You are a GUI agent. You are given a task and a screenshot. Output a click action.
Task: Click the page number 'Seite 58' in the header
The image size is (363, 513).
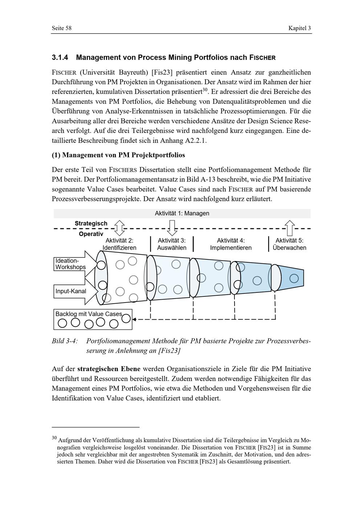[62, 28]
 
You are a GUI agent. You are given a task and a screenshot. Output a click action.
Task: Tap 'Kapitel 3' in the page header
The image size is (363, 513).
[299, 28]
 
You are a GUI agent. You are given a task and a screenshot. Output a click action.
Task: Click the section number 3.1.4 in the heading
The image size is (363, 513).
[60, 57]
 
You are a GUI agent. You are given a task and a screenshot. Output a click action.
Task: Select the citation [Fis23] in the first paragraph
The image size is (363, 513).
[162, 72]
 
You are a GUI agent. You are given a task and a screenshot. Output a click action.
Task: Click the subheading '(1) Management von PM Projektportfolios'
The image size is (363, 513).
[118, 155]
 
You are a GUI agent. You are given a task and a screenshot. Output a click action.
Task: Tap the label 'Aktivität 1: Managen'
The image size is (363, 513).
[182, 213]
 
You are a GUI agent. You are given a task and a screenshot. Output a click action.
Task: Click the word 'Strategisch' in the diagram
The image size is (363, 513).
[91, 223]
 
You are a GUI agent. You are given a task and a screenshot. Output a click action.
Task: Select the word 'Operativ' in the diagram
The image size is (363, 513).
[91, 234]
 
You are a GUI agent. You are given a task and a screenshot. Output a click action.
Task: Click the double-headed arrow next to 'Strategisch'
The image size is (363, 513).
[119, 228]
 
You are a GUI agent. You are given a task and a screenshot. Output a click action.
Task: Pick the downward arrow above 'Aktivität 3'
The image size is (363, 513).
[172, 228]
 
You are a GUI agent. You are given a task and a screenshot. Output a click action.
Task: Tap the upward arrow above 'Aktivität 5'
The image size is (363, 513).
[290, 228]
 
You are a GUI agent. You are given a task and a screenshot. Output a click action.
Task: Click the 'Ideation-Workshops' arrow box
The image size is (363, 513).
[76, 264]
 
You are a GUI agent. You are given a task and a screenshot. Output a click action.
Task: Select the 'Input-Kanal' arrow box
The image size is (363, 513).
[76, 291]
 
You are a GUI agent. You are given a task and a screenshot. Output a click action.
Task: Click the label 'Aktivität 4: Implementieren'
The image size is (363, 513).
[231, 244]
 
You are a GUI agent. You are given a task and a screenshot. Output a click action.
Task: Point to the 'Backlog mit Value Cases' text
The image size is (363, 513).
[89, 314]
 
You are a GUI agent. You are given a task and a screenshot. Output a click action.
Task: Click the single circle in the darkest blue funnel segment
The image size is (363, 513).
[294, 279]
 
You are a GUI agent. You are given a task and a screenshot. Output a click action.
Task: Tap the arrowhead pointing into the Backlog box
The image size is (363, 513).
[134, 319]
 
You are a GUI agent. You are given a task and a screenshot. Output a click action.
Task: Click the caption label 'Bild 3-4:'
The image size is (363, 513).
[65, 341]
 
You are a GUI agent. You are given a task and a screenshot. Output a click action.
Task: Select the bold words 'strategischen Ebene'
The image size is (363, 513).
[109, 369]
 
